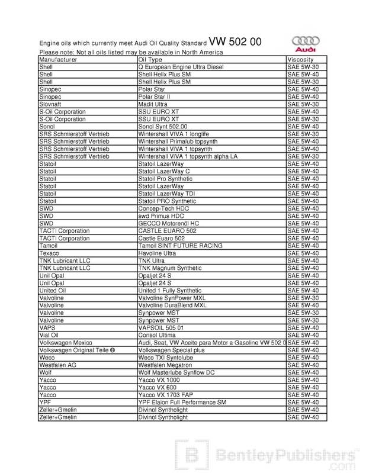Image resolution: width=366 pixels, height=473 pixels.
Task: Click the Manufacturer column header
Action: (57, 60)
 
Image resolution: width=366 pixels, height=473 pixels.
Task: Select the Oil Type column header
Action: (150, 60)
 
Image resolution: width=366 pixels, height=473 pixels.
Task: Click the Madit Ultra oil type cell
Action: (153, 104)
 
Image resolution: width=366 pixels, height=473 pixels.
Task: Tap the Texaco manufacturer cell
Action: (49, 253)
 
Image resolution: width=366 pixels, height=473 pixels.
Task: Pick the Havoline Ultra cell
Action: (157, 253)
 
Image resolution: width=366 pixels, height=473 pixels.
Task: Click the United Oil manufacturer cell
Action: (52, 291)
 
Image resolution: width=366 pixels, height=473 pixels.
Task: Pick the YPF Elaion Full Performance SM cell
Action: (182, 402)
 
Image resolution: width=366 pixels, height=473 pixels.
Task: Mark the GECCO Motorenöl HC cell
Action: (168, 223)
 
